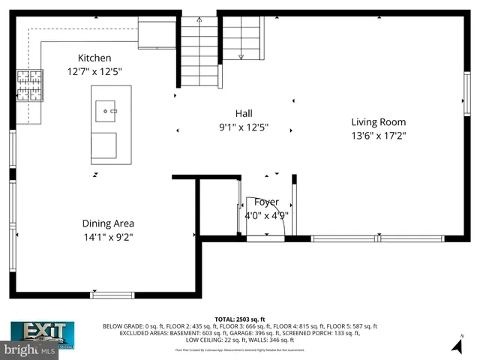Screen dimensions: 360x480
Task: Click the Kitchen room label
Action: coord(94,58)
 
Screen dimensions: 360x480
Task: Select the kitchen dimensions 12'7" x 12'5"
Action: coord(94,71)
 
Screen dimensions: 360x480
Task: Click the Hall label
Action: coord(243,113)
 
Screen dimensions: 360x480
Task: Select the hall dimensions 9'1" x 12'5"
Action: coord(243,127)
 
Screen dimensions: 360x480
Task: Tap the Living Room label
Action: coord(378,121)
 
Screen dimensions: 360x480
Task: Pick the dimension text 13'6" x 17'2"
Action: coord(378,136)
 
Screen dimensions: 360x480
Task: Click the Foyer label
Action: coord(266,202)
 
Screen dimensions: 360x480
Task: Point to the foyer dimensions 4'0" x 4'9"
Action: coord(266,215)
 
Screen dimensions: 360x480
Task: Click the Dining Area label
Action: coord(108,223)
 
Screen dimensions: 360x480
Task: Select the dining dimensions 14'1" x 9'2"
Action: coord(108,237)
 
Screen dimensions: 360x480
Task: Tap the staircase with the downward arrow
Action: coord(241,37)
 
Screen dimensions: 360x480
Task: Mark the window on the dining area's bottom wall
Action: coord(112,295)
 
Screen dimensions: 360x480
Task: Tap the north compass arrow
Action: coord(457,344)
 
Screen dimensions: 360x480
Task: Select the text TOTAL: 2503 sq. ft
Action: coord(240,319)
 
